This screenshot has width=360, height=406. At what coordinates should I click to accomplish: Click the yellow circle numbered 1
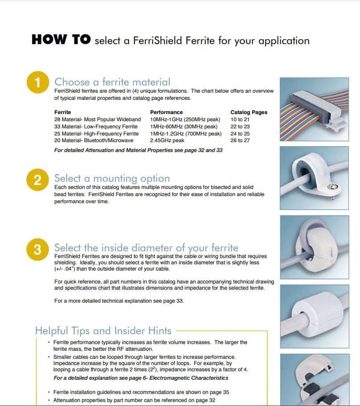point(38,82)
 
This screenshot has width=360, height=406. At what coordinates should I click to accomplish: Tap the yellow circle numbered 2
point(38,180)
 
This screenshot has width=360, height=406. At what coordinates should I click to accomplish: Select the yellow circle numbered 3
point(38,249)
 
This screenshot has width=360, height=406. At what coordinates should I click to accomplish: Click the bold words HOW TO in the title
point(61,40)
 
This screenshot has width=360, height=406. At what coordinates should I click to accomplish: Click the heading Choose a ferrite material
point(112,82)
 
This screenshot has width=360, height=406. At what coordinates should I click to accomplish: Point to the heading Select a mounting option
point(112,179)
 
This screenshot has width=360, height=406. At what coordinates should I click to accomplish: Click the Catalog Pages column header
point(249,112)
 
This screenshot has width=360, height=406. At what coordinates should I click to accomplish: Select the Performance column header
point(166,112)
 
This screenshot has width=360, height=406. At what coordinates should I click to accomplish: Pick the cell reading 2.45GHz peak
point(167,140)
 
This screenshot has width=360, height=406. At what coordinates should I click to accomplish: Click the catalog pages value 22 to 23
point(240,127)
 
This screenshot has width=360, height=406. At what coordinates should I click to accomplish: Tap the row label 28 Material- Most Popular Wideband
point(97,119)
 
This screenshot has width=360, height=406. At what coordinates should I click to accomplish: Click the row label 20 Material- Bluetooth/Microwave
point(94,140)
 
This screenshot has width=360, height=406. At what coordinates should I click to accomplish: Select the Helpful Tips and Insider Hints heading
point(103,331)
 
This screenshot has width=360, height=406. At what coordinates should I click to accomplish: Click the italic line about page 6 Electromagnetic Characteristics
point(141,378)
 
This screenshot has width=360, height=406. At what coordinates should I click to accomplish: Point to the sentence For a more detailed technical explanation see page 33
point(119,301)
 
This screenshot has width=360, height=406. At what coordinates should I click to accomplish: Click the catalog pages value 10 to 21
point(240,119)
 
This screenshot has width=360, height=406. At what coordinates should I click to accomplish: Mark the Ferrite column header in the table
point(62,112)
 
